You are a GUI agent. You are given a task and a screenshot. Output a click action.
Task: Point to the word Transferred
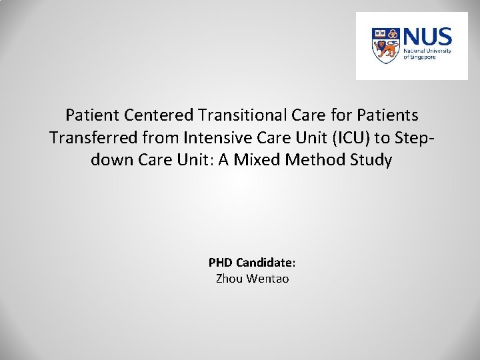90,137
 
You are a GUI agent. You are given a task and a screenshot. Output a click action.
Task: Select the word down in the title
109,160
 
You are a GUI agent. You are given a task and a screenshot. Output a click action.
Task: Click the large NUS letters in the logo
429,37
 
